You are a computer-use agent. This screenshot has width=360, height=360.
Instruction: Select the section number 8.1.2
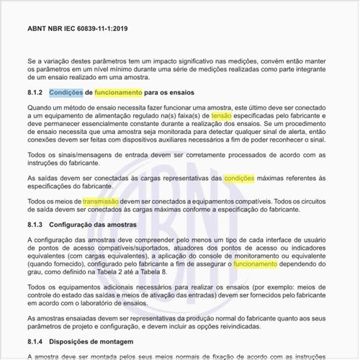[35, 93]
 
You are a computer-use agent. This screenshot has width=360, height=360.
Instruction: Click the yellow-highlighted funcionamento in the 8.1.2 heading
[118, 93]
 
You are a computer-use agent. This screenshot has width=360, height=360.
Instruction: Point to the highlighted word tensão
[222, 115]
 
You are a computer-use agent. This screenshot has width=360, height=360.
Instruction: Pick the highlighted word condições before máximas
[239, 177]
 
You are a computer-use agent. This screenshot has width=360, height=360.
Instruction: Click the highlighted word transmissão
[100, 202]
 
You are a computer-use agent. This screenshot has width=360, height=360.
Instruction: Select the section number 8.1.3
[35, 225]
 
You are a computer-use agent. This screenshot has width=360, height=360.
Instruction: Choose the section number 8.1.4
[35, 340]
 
